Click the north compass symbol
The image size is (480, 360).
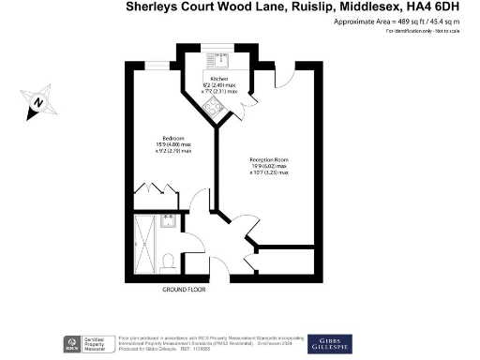[x=37, y=101]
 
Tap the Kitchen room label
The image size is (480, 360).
[x=220, y=80]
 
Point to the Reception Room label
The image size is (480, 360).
[x=268, y=160]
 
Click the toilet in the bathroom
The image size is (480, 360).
[x=167, y=259]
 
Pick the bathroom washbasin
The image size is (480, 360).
[x=169, y=222]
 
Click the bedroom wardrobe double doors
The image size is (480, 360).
[x=151, y=191]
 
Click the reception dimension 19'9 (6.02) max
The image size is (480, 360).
[x=269, y=167]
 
